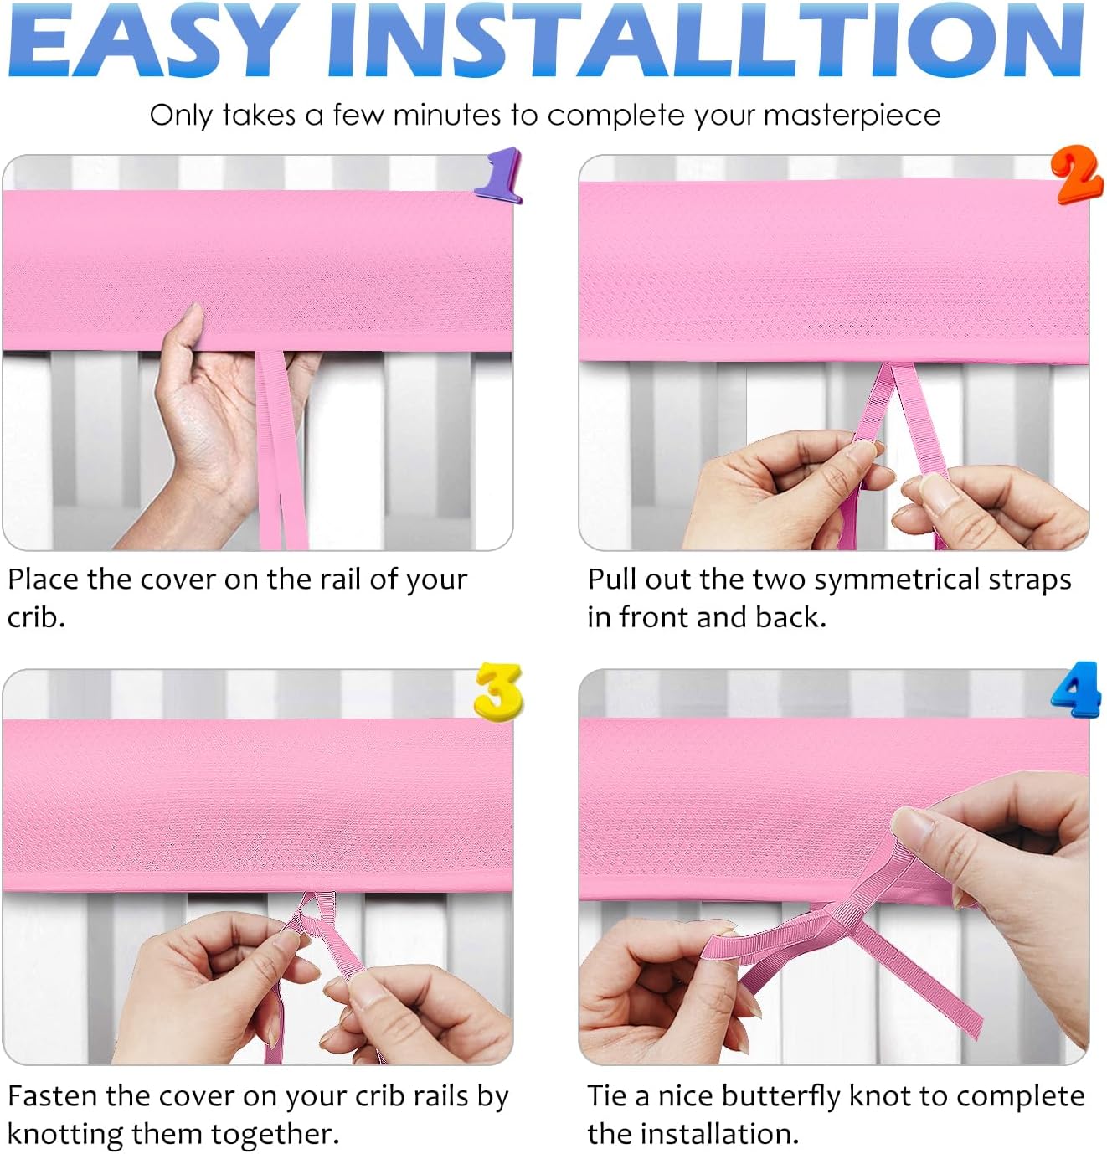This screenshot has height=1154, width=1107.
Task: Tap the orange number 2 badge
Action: click(x=1077, y=174)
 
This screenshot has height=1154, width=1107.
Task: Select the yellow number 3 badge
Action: click(x=497, y=692)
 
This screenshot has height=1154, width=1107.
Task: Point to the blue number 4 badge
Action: click(x=1076, y=689)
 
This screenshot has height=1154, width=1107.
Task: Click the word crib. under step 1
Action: click(x=36, y=617)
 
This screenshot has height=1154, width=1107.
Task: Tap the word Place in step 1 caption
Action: click(x=43, y=579)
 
